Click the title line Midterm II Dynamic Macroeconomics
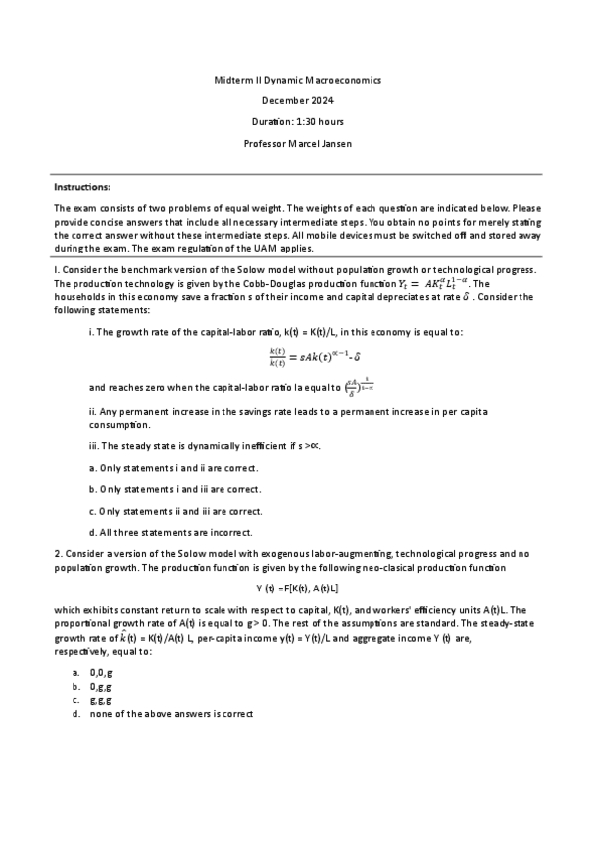click(297, 79)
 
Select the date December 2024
click(297, 100)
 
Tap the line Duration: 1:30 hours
click(297, 122)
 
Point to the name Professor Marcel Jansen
click(297, 144)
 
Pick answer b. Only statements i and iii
click(175, 489)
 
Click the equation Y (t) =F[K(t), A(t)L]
click(297, 586)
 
